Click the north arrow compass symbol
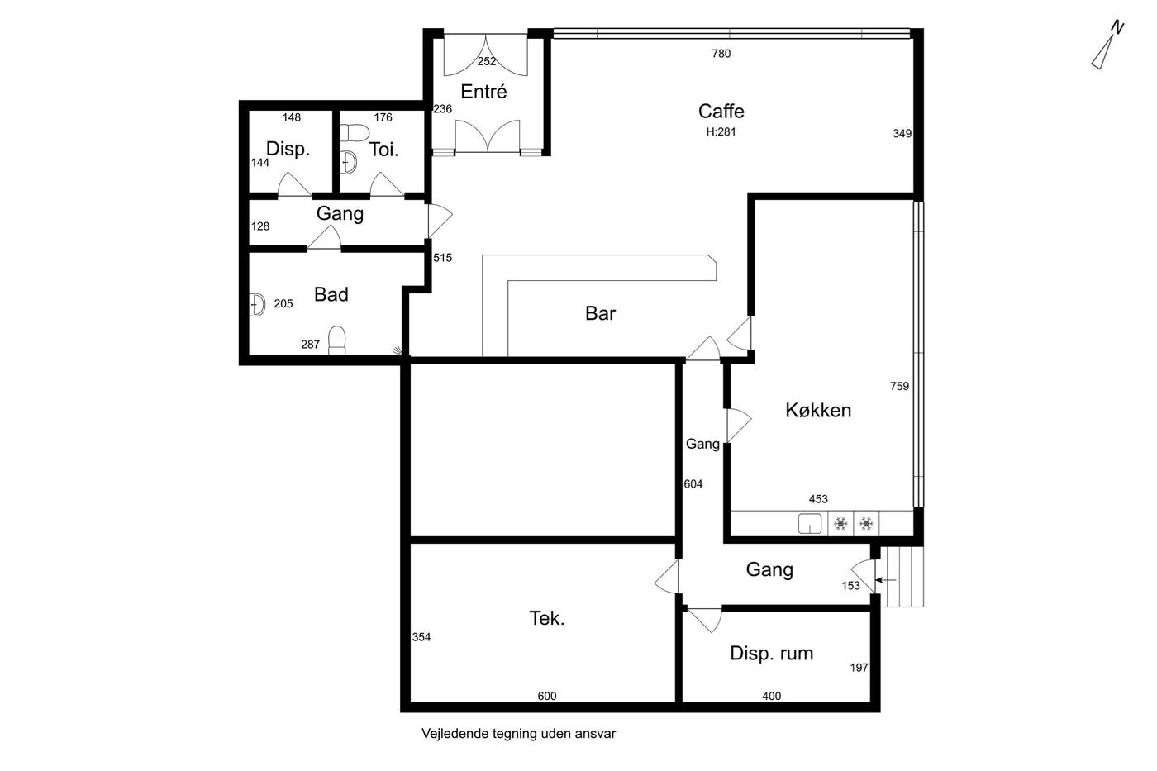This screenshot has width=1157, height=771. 1107,45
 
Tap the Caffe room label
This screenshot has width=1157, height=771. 721,111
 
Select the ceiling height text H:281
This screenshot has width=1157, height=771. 721,131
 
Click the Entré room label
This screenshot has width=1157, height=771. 483,92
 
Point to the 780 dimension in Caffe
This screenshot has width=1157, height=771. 721,53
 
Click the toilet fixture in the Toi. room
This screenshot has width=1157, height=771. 354,132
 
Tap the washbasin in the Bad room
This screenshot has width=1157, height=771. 257,304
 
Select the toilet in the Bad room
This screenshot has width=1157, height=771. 337,340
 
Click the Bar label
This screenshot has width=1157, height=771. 600,313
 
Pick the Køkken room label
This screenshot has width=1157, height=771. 818,410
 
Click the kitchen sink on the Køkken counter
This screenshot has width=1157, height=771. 810,524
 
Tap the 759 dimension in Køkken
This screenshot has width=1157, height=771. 899,386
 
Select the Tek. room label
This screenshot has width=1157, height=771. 547,618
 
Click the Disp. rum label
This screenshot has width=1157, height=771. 772,654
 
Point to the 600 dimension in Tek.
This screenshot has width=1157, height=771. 547,696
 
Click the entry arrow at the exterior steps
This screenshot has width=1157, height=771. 886,580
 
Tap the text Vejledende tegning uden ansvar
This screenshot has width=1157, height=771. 519,734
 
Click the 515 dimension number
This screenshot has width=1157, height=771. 443,257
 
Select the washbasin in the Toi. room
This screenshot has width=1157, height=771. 349,162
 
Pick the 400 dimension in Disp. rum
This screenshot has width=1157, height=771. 772,696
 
